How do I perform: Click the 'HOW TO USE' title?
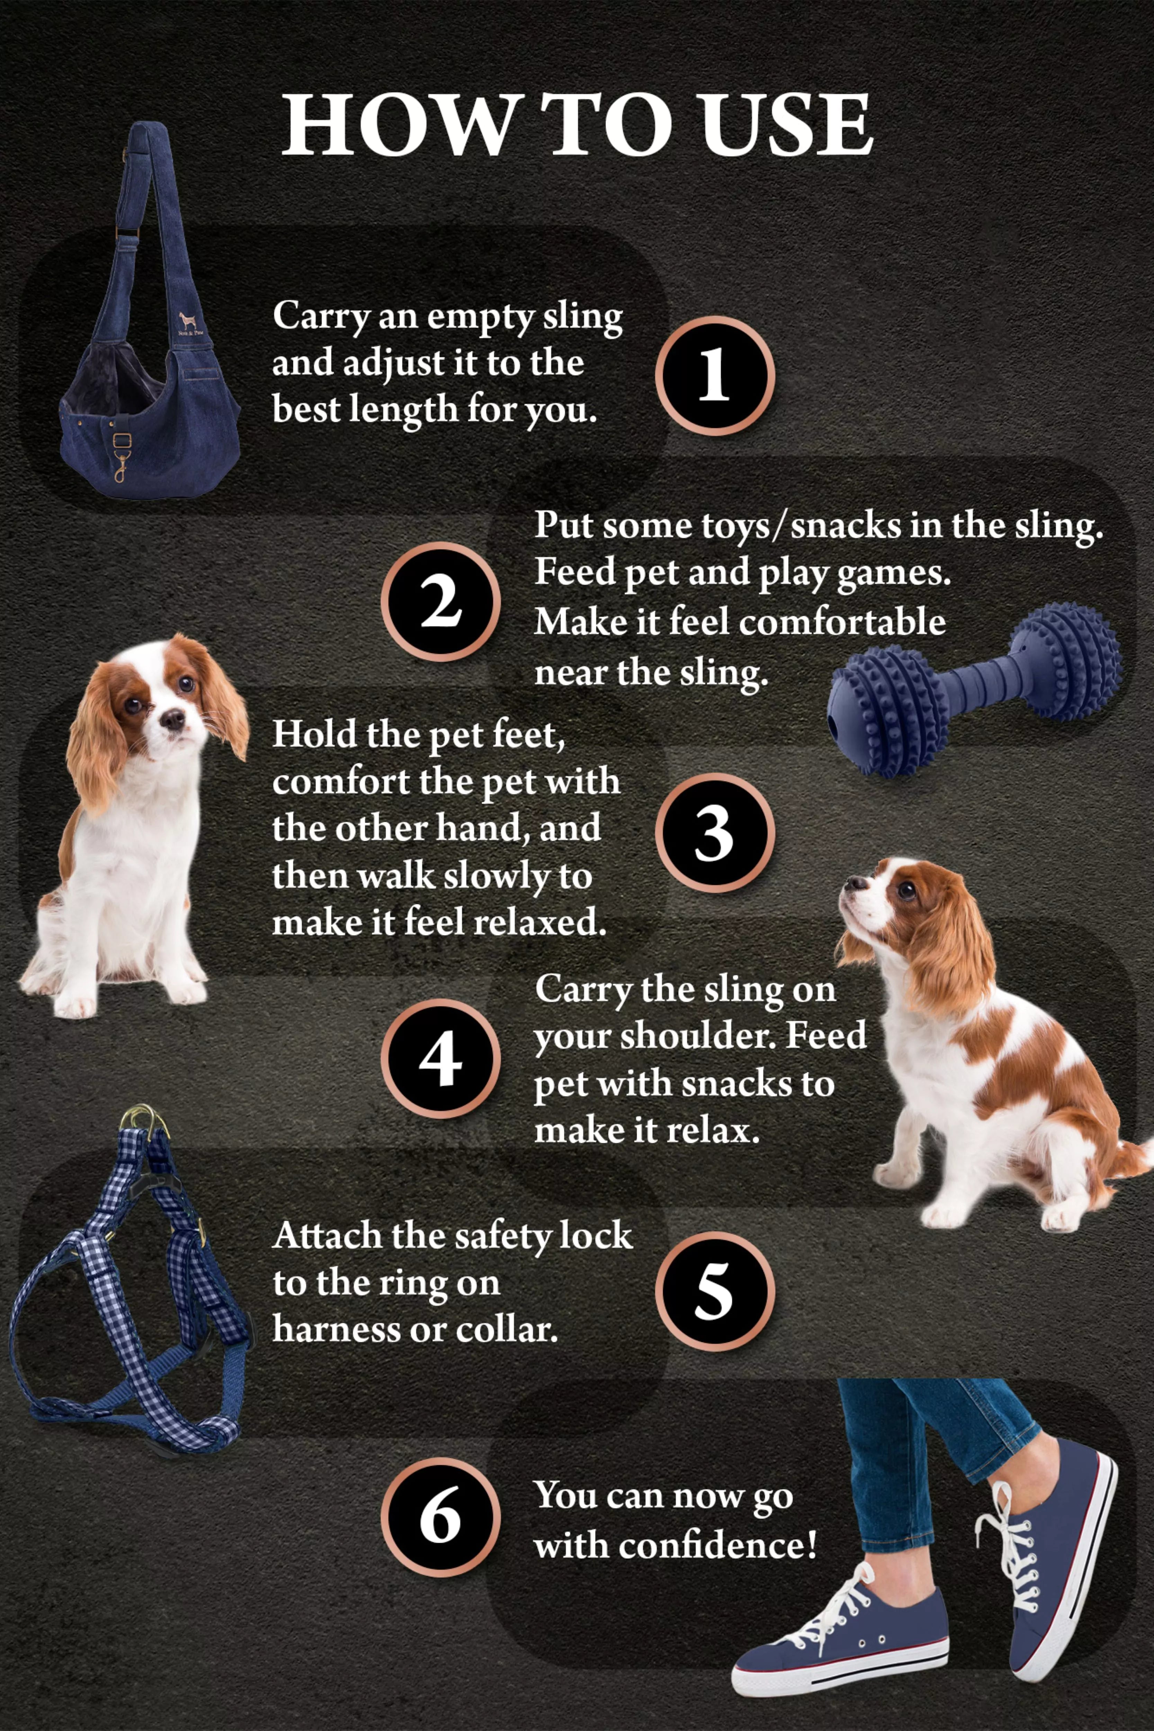coord(577,125)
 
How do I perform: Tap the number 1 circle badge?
coord(714,375)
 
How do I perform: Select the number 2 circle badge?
coord(440,601)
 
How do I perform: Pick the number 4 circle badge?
coord(440,1059)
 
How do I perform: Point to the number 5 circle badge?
coord(714,1292)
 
